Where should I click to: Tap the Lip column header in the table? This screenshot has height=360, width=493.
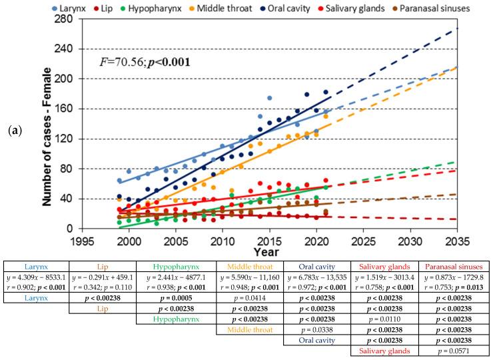(105, 265)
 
